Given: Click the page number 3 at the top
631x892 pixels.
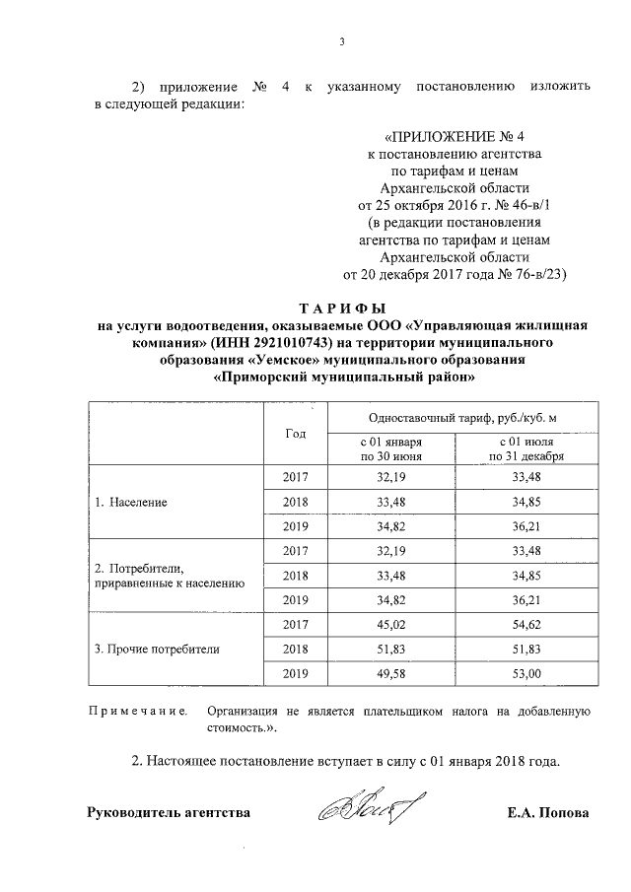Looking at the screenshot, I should pyautogui.click(x=341, y=41).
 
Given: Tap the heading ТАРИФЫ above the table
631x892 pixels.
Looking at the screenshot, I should pyautogui.click(x=342, y=309).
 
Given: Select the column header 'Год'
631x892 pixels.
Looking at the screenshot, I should pyautogui.click(x=295, y=434).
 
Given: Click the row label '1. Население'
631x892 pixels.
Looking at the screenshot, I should pyautogui.click(x=131, y=502).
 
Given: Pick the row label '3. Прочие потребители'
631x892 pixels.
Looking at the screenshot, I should pyautogui.click(x=157, y=650).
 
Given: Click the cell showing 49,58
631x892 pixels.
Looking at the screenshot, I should pyautogui.click(x=390, y=674).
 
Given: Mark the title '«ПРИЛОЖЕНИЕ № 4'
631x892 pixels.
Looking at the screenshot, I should pyautogui.click(x=449, y=137).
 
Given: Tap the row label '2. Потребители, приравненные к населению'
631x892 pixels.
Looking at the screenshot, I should pyautogui.click(x=168, y=576).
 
